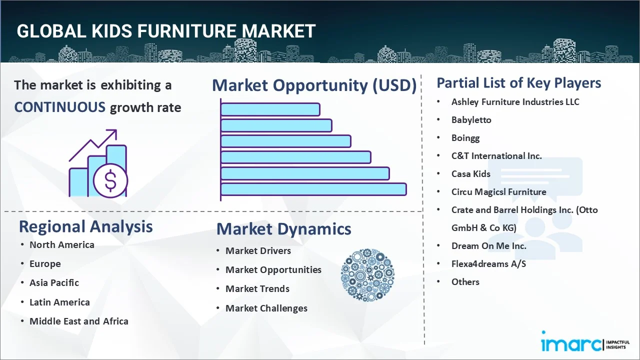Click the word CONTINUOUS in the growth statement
coord(60,107)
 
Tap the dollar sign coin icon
coord(110,180)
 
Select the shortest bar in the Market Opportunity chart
coord(270,109)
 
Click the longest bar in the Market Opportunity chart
coord(313,189)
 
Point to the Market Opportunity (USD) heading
coord(314,85)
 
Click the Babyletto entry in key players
coord(471,120)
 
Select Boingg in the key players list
coord(465,138)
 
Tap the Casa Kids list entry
coord(471,173)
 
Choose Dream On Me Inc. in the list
coord(489,245)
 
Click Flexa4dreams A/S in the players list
coord(488,263)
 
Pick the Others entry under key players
coord(465,282)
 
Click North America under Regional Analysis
coord(62,245)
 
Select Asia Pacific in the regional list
coord(54,283)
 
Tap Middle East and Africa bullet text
coord(79,321)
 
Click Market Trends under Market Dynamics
coord(257,289)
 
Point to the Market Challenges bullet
coord(266,308)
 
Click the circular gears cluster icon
coord(367,275)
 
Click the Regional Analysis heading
coord(85,226)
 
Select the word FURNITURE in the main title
coord(187,31)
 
